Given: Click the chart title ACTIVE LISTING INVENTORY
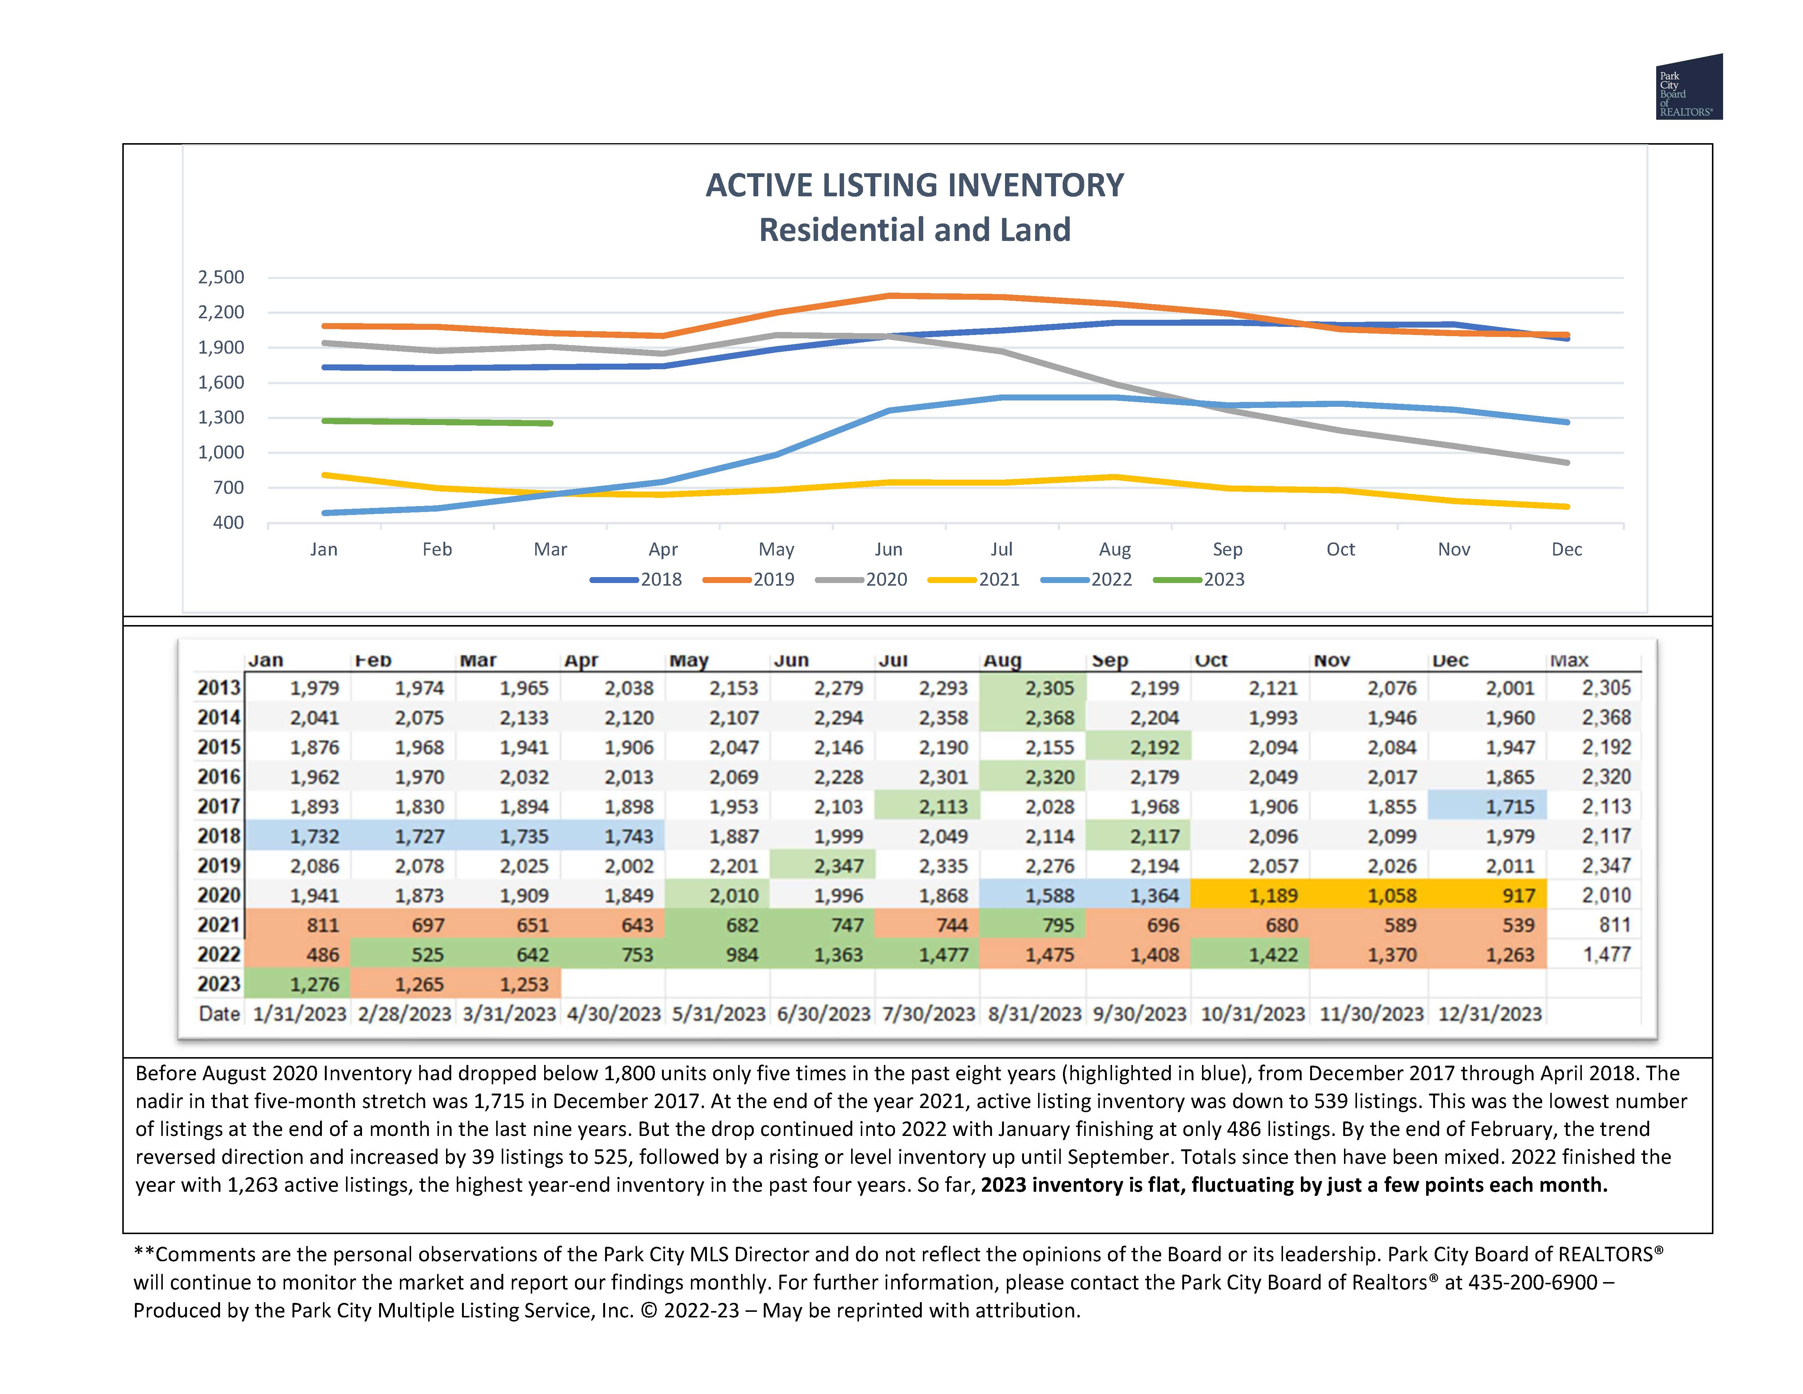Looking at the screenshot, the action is [x=915, y=185].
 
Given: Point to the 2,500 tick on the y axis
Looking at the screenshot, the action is [x=221, y=277].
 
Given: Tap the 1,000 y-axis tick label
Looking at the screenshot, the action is [x=221, y=453].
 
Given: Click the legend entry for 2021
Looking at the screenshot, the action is [x=974, y=580].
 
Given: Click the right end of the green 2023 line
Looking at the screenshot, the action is [x=551, y=424].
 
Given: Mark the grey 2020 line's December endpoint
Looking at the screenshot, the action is [x=1567, y=463].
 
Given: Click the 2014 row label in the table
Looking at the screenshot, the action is [x=219, y=718].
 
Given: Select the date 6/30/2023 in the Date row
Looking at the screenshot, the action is [x=823, y=1014].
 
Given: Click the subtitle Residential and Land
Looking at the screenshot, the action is [x=915, y=229].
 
